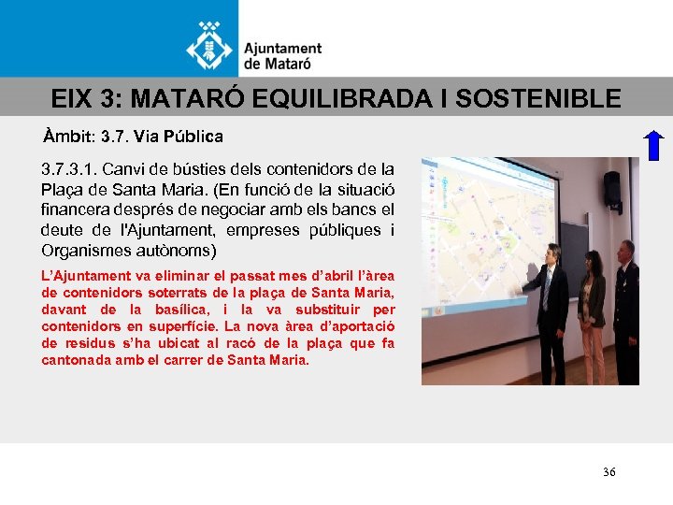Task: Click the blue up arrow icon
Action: coord(654,147)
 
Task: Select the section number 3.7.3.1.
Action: coord(67,169)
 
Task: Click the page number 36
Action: coord(609,472)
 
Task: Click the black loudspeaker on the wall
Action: coord(612,188)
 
